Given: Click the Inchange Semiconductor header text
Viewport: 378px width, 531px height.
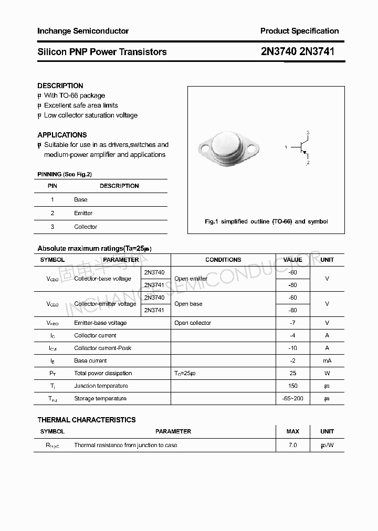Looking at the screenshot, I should (x=83, y=31).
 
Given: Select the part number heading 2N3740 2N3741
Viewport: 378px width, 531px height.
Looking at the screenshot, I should (x=297, y=52).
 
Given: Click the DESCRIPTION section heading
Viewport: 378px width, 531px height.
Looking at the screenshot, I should (x=60, y=86).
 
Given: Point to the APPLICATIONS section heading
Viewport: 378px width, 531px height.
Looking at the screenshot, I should (x=62, y=135).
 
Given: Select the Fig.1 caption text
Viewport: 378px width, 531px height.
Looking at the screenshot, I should (x=266, y=221).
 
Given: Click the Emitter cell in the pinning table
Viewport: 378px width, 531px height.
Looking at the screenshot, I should (x=83, y=213).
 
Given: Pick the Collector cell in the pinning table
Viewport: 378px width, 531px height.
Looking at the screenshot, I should (x=86, y=227).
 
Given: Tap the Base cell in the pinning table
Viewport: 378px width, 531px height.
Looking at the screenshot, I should (x=81, y=199).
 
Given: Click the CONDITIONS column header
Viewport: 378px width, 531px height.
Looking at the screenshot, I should (x=223, y=260).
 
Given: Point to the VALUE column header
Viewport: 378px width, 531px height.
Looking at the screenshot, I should (x=292, y=260).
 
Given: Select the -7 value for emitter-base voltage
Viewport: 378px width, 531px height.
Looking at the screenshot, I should (x=292, y=323).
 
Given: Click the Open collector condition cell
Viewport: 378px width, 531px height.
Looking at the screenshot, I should (x=193, y=323).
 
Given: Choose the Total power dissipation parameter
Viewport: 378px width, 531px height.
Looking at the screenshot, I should (x=103, y=373).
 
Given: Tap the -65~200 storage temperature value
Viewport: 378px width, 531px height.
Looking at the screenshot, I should (x=292, y=398).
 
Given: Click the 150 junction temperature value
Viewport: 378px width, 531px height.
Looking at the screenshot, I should (x=292, y=386).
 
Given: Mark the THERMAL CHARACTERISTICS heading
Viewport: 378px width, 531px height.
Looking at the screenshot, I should (x=87, y=420).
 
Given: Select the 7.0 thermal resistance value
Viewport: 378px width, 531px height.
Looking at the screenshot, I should (x=292, y=445).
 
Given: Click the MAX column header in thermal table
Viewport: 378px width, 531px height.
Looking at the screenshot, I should (x=292, y=431).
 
